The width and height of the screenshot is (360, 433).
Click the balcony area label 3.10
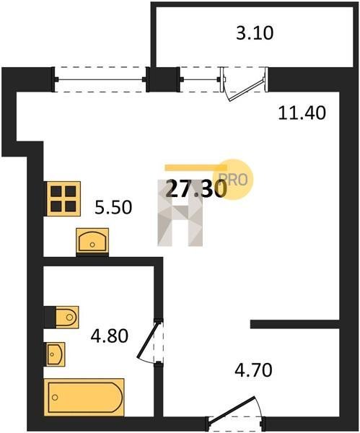pyautogui.click(x=255, y=33)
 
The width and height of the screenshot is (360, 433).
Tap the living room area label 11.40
pyautogui.click(x=302, y=113)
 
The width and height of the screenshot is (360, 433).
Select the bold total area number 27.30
pyautogui.click(x=196, y=189)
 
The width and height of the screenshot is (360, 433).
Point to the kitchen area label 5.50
pyautogui.click(x=113, y=207)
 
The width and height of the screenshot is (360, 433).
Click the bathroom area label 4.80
pyautogui.click(x=110, y=336)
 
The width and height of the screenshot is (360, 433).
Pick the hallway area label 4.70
pyautogui.click(x=253, y=370)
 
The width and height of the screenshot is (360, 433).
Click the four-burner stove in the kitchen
pyautogui.click(x=63, y=198)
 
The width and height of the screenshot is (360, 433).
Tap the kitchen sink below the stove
pyautogui.click(x=92, y=241)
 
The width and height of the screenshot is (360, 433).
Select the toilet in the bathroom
pyautogui.click(x=61, y=317)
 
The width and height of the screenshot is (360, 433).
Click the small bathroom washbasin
pyautogui.click(x=56, y=354)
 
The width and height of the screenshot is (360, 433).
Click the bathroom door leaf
pyautogui.click(x=148, y=339)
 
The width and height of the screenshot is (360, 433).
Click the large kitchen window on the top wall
pyautogui.click(x=100, y=79)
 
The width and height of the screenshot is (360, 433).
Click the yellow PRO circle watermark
pyautogui.click(x=233, y=180)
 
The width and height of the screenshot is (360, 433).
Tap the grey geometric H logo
pyautogui.click(x=180, y=213)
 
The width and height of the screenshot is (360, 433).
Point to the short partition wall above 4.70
pyautogui.click(x=295, y=324)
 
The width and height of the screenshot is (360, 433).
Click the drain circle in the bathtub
pyautogui.click(x=55, y=398)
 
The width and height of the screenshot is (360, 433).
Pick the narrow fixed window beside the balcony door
pyautogui.click(x=200, y=79)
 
